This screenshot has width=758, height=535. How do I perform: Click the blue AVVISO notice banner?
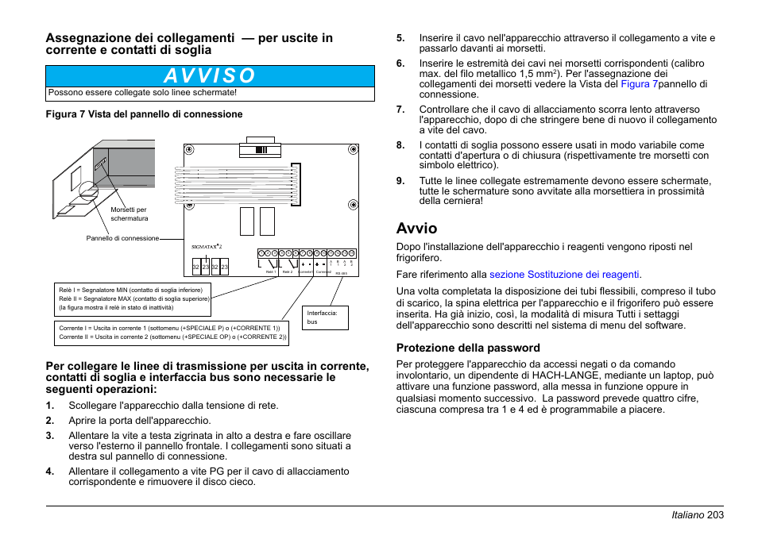(x=210, y=75)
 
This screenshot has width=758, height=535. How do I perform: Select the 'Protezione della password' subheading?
(x=468, y=348)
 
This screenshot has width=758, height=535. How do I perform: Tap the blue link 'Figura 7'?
(x=638, y=84)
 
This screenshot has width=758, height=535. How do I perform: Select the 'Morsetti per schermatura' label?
(x=129, y=214)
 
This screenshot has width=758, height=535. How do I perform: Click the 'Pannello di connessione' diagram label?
(x=122, y=238)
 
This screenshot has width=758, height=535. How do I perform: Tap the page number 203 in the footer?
(x=714, y=515)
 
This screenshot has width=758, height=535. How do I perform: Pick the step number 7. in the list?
(x=400, y=110)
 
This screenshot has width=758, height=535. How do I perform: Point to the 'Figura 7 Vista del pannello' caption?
(x=144, y=114)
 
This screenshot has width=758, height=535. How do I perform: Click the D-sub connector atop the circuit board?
(x=255, y=148)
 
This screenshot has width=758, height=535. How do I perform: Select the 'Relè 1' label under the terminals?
(x=270, y=272)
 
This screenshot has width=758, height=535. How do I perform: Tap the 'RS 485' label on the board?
(x=341, y=274)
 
